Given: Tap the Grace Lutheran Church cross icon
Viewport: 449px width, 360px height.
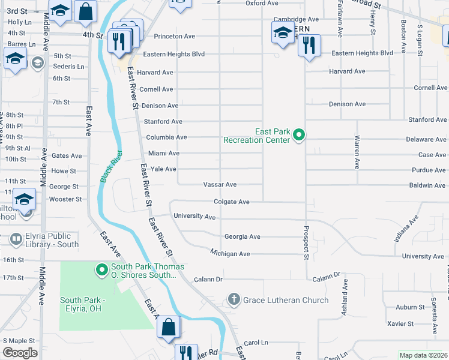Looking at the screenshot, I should point(234,299).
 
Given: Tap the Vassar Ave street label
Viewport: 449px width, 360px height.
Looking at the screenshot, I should point(220,185).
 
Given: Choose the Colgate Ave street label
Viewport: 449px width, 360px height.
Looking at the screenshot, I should point(231,202).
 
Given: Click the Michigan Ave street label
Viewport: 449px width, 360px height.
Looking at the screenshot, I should point(230,254).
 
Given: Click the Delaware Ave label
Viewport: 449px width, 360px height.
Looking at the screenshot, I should point(426,139).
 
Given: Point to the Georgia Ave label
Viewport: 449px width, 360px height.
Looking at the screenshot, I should point(243,236).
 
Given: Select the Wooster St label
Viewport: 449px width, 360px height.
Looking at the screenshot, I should point(65,199).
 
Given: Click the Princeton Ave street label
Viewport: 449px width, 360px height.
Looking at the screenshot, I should point(174,37).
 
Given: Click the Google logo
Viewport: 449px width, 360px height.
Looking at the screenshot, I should point(20,353).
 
